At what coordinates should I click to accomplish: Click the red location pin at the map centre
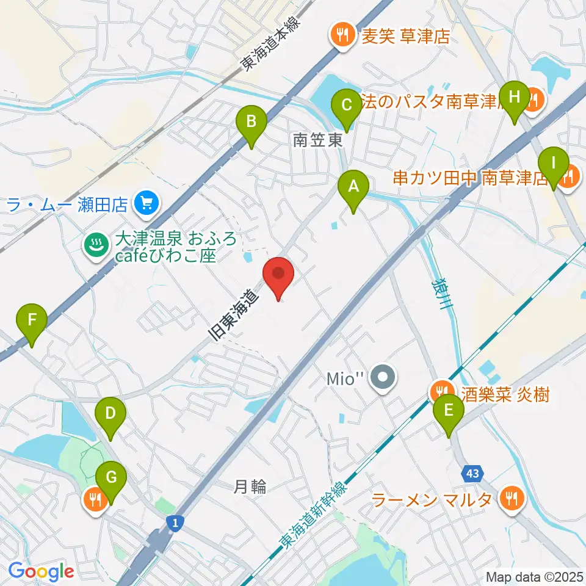click(278, 274)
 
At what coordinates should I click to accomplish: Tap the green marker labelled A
click(353, 187)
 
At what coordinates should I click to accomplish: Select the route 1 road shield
click(175, 523)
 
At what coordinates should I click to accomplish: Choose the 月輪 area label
click(250, 487)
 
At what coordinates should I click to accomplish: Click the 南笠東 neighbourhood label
click(317, 141)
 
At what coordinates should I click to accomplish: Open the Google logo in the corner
click(42, 572)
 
